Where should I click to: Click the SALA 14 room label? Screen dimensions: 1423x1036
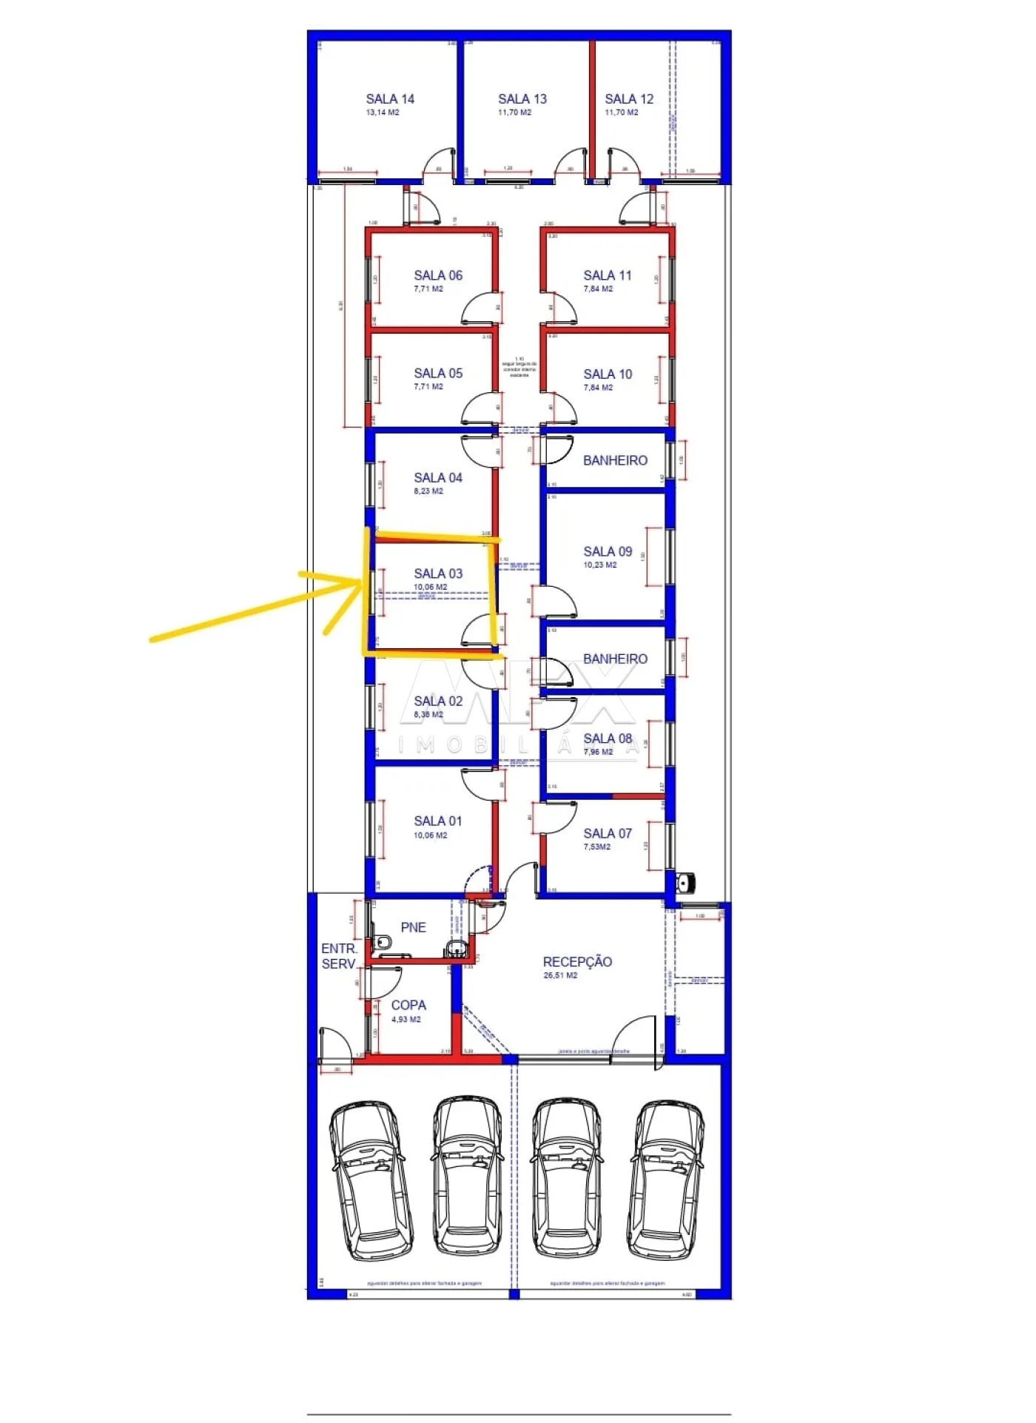pyautogui.click(x=390, y=99)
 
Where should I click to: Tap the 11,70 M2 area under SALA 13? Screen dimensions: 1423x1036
pyautogui.click(x=514, y=112)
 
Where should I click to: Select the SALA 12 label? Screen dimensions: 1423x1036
pyautogui.click(x=629, y=99)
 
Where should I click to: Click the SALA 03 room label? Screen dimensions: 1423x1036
pyautogui.click(x=438, y=573)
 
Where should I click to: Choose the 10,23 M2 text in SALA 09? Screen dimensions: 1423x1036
pyautogui.click(x=599, y=565)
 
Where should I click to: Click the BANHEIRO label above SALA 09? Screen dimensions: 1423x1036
pyautogui.click(x=615, y=460)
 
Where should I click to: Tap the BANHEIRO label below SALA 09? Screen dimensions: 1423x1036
pyautogui.click(x=615, y=659)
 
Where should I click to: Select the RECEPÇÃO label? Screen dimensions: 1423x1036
pyautogui.click(x=577, y=962)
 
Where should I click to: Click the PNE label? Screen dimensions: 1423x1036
pyautogui.click(x=413, y=927)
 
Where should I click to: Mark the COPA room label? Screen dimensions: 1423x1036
pyautogui.click(x=408, y=1005)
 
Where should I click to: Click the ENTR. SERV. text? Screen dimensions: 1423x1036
pyautogui.click(x=339, y=956)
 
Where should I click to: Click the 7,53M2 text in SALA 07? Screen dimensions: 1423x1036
pyautogui.click(x=596, y=847)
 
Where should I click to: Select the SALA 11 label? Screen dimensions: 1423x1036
pyautogui.click(x=608, y=275)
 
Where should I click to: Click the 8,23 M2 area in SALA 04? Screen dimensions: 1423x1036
pyautogui.click(x=428, y=491)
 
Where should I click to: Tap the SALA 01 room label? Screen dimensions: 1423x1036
pyautogui.click(x=438, y=821)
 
